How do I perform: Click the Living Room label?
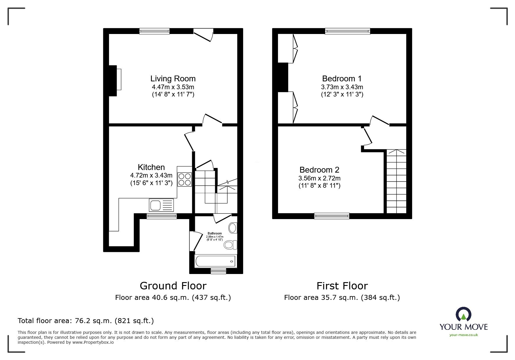[x=173, y=79]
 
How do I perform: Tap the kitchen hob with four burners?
[x=185, y=179]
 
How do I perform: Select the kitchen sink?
[x=161, y=205]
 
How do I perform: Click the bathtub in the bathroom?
[x=215, y=261]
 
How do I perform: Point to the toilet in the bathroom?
[x=230, y=245]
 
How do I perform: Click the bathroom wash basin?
[x=233, y=228]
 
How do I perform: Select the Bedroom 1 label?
[x=342, y=79]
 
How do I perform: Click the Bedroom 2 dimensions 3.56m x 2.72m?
[x=319, y=178]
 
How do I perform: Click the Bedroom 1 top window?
[x=348, y=31]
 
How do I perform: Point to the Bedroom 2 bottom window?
[x=332, y=216]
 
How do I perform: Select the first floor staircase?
[x=396, y=182]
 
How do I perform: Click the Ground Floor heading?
[x=173, y=286]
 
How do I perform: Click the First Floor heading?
[x=342, y=286]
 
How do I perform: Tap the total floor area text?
[x=86, y=321]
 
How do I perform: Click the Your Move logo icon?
[x=464, y=314]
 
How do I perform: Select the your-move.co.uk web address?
[x=464, y=335]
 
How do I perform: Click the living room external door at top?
[x=204, y=35]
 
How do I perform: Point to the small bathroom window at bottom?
[x=218, y=271]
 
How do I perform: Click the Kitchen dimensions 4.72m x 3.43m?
[x=151, y=175]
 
